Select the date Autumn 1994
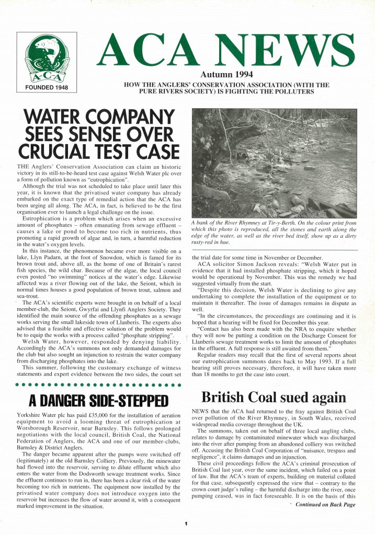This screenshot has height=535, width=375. point(226,75)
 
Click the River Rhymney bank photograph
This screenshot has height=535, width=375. point(275,162)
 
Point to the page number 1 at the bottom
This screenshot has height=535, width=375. point(186,524)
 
